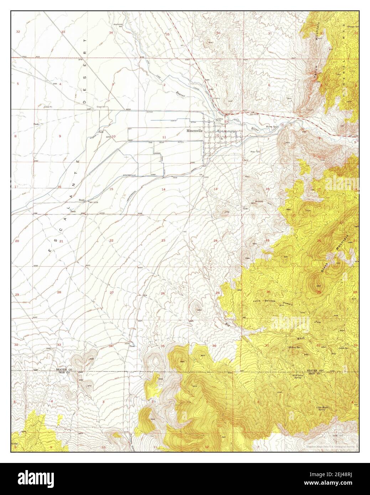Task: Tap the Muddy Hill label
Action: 259,202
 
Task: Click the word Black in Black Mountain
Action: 325,266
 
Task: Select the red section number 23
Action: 163,241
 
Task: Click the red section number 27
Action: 111,292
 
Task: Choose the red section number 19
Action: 267,241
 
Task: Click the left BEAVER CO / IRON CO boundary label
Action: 64,371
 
